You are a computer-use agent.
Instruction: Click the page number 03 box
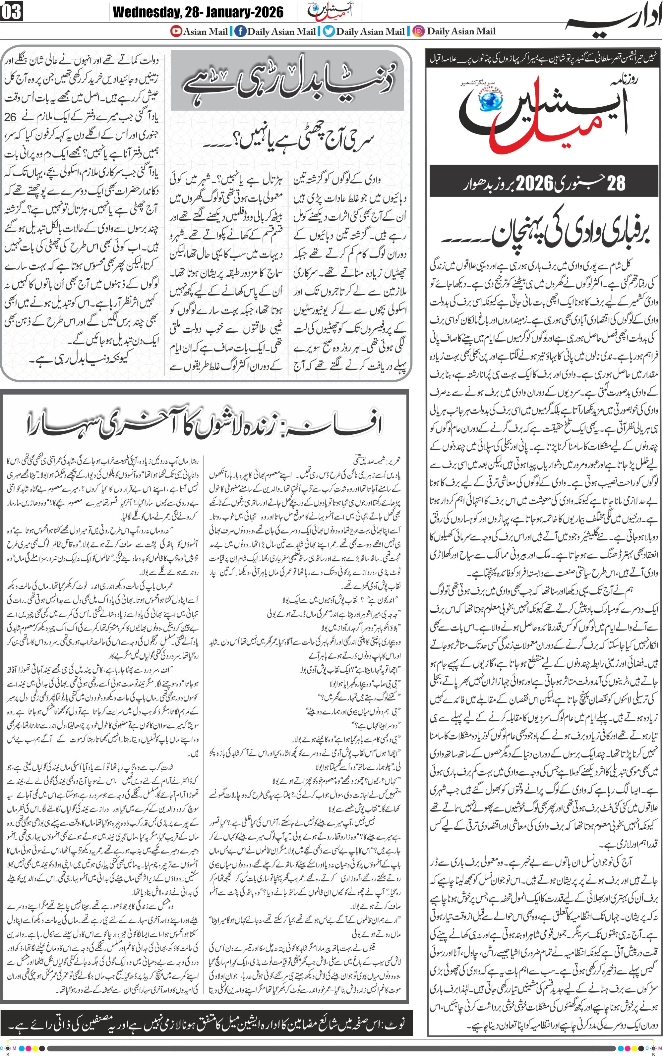click(x=11, y=12)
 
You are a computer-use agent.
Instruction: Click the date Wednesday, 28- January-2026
click(x=198, y=12)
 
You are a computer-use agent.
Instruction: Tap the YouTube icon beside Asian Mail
click(x=176, y=31)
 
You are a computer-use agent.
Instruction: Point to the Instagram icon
click(x=419, y=31)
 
